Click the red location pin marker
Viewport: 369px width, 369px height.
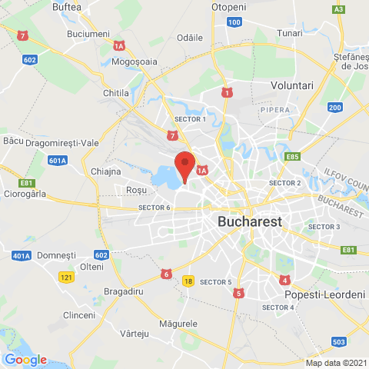184,165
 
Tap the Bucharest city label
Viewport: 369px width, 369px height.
250,221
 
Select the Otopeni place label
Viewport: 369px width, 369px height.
229,7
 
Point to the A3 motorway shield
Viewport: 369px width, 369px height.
338,8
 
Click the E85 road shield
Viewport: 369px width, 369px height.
291,157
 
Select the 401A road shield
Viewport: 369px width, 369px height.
21,255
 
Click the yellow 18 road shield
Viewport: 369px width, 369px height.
188,281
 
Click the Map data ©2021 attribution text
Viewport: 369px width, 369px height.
334,363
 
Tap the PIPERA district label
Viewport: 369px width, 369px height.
275,110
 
